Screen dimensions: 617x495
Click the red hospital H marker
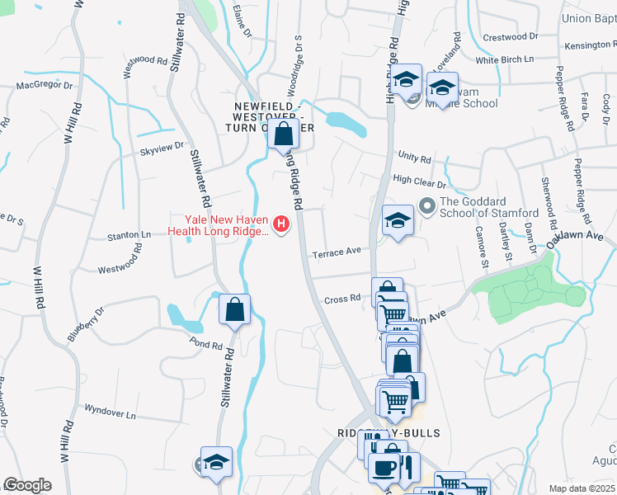(282, 224)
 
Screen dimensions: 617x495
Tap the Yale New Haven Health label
(218, 225)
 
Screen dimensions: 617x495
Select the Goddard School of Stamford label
(490, 207)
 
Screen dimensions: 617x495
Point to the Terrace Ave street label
(337, 252)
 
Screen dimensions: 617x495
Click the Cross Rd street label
(342, 299)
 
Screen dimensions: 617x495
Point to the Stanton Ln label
(130, 235)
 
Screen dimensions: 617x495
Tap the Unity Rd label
(414, 157)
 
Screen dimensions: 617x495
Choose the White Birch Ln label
(505, 59)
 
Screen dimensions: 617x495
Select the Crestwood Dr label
(510, 37)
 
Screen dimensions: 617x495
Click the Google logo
(27, 485)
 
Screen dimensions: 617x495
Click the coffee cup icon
(383, 468)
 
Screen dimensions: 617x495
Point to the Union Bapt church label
(588, 18)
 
